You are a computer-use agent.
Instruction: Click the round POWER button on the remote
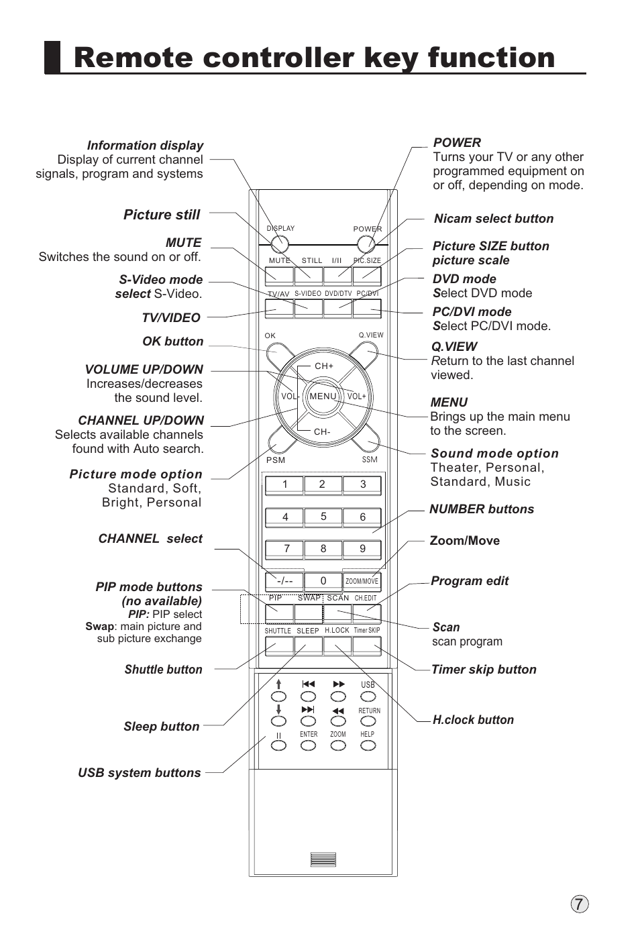(x=366, y=244)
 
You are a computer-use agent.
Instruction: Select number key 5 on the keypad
(x=323, y=517)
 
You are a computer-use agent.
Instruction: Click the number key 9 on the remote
(x=362, y=549)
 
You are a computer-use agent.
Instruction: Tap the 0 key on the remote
(x=323, y=581)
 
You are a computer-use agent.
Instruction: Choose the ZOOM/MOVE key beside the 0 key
(x=362, y=581)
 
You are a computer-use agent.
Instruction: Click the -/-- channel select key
(x=284, y=581)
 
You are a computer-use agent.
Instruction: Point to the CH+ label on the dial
(x=324, y=366)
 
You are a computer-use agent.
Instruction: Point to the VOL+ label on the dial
(x=356, y=397)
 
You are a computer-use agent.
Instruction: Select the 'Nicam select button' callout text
(x=494, y=219)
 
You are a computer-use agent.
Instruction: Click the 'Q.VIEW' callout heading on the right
(x=454, y=347)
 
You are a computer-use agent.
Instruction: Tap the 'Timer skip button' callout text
(x=484, y=670)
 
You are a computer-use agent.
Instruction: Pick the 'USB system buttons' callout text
(x=140, y=773)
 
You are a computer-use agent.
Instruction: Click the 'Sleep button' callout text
(x=161, y=727)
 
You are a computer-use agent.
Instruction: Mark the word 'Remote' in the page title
(x=134, y=58)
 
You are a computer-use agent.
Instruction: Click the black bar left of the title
(x=52, y=58)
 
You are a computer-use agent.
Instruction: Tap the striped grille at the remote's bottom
(x=323, y=860)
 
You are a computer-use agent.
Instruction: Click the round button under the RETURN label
(x=368, y=721)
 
